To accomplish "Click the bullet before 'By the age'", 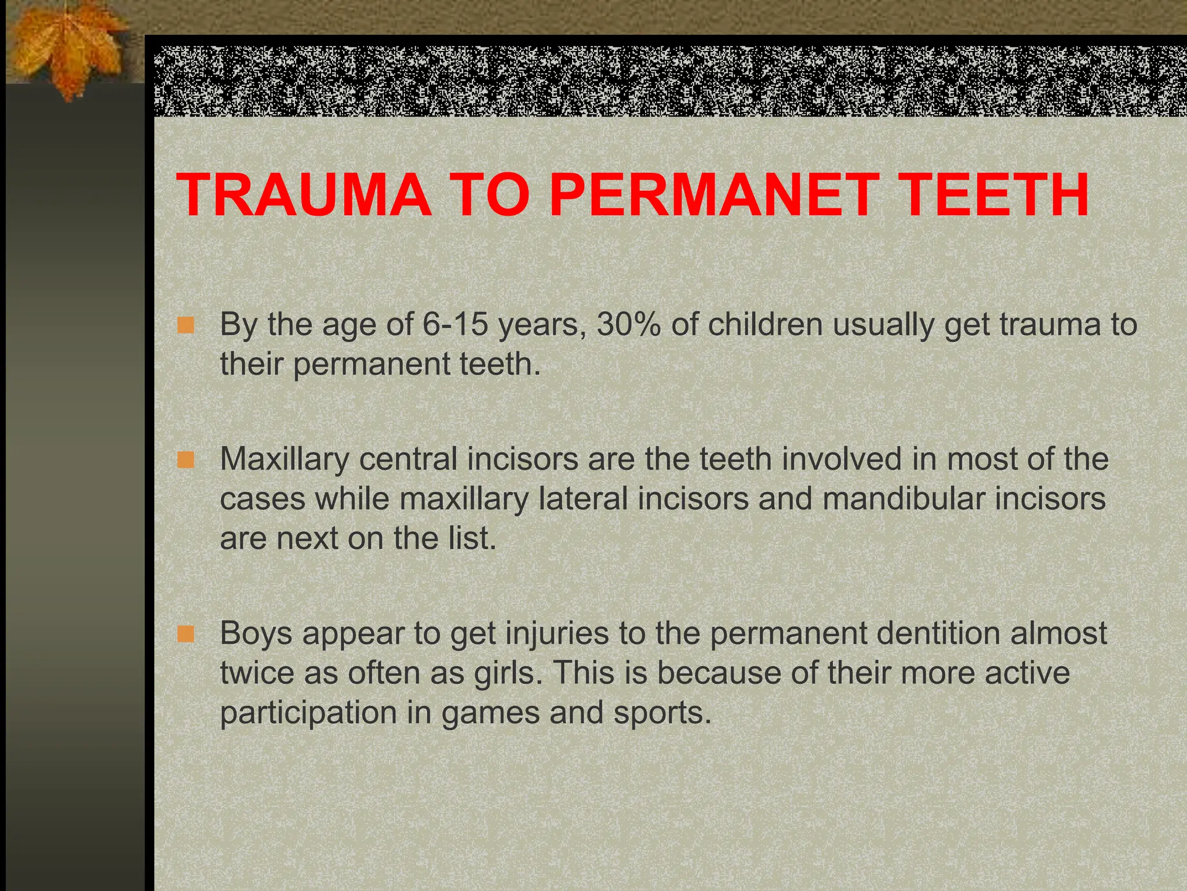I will click(x=185, y=325).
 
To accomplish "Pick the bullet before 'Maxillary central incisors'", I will click(x=185, y=461).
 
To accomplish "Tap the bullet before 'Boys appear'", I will click(x=185, y=634).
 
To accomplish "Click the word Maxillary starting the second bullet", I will click(x=284, y=459).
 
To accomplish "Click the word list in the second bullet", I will click(x=472, y=538).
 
